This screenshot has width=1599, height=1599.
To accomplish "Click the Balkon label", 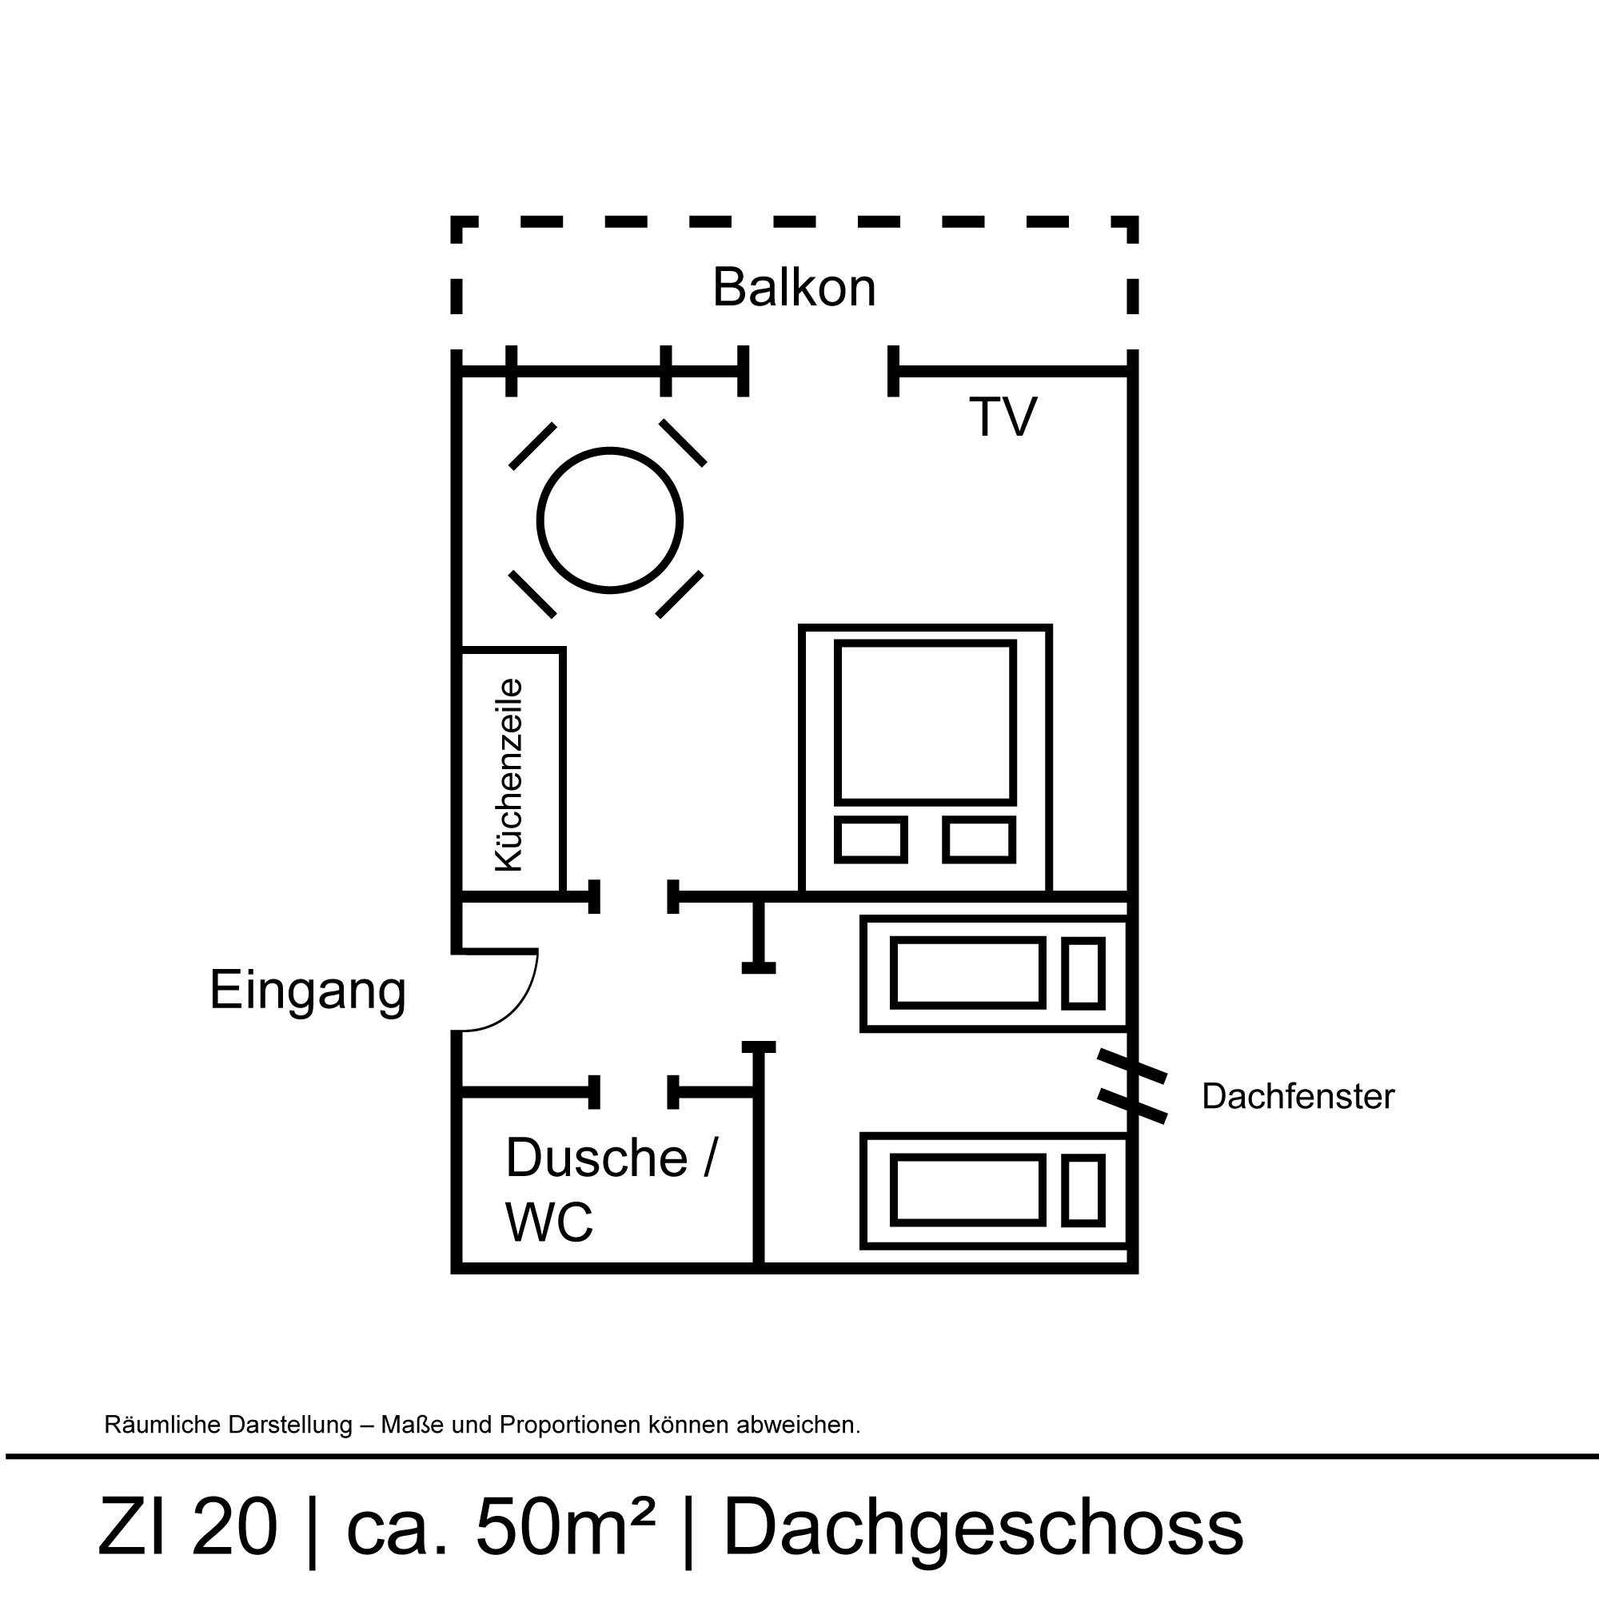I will [794, 287].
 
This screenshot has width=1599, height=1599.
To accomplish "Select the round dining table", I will [610, 520].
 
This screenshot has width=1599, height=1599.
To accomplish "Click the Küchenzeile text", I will [509, 775].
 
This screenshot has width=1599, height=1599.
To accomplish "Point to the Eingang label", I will [307, 990].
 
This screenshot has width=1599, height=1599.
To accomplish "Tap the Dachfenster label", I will [1298, 1097].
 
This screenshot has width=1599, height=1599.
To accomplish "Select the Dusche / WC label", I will [611, 1190].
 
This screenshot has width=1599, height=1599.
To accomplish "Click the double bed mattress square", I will [924, 722].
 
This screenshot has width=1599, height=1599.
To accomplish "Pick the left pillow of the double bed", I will [870, 840].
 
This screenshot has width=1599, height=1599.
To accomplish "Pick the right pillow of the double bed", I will [979, 840].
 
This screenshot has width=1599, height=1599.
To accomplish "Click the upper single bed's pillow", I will [1083, 973].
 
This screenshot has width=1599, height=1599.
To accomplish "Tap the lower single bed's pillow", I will [1083, 1191].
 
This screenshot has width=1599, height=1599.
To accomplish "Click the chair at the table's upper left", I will [532, 447].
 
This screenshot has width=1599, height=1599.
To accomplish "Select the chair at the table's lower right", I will [680, 594].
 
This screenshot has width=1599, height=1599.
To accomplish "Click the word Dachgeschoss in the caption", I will [983, 1527].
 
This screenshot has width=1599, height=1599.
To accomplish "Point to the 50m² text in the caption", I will [565, 1527].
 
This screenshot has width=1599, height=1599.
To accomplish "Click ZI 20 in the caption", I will [188, 1527].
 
